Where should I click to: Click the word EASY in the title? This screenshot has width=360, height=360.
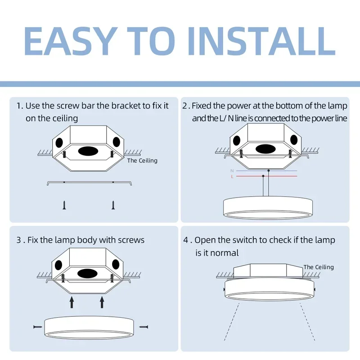[x=69, y=41]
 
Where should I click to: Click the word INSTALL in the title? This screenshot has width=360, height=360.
[x=265, y=41]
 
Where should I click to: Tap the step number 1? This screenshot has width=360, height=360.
[x=19, y=106]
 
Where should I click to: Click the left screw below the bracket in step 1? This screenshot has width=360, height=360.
[x=64, y=205]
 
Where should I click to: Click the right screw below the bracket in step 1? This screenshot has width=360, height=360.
[x=112, y=205]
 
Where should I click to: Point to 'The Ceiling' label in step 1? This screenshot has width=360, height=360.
[x=142, y=161]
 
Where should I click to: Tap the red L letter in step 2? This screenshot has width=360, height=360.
[x=232, y=177]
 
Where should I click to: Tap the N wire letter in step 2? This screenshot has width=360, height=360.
[x=232, y=171]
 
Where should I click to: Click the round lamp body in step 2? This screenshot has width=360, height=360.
[x=269, y=207]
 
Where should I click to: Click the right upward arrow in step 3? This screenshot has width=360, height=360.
[x=102, y=301]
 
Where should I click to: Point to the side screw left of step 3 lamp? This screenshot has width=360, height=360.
[x=38, y=326]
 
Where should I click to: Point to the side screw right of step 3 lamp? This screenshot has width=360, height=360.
[x=144, y=326]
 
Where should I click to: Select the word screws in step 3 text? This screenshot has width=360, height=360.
[x=131, y=240]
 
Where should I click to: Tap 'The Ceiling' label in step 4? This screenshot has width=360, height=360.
[x=319, y=267]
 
